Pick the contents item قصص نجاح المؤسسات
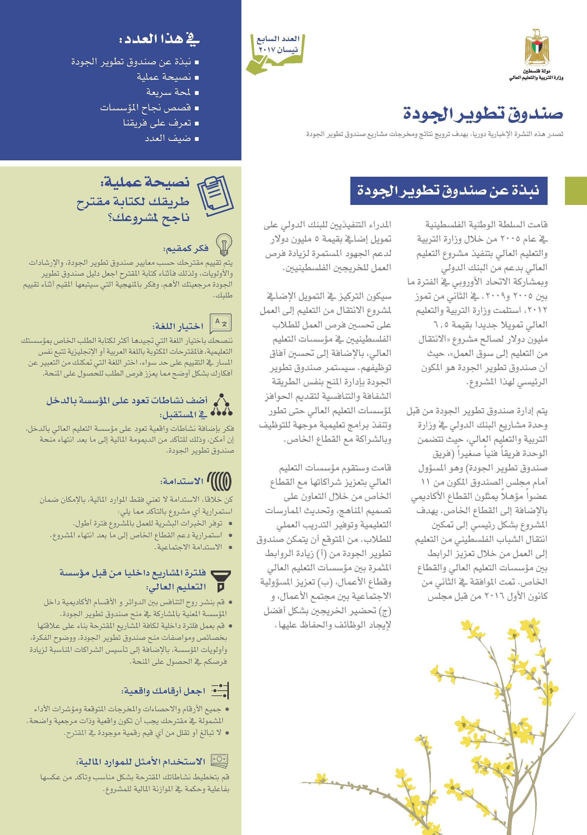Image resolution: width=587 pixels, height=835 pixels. pos(145,108)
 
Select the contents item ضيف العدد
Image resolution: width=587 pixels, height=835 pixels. pos(168,139)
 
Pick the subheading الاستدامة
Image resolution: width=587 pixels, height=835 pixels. pos(182,482)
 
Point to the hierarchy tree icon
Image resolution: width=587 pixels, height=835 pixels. pos(222,405)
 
